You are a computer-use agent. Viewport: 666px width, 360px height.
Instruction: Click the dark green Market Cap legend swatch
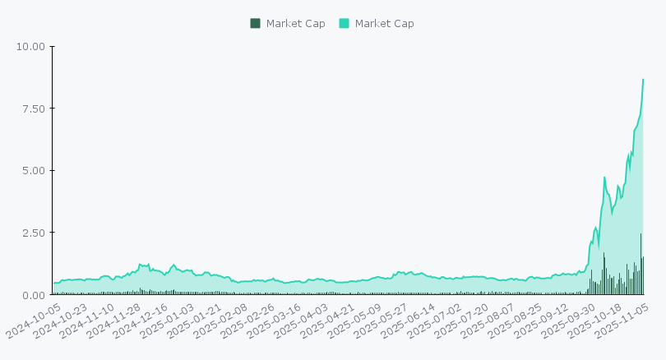(255, 23)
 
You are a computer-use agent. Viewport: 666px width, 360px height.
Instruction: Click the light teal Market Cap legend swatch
(344, 23)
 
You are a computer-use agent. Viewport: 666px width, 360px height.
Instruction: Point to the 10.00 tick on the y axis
(30, 46)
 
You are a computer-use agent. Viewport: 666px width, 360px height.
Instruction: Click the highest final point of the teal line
(643, 79)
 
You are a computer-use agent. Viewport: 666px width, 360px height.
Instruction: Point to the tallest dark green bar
(641, 263)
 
